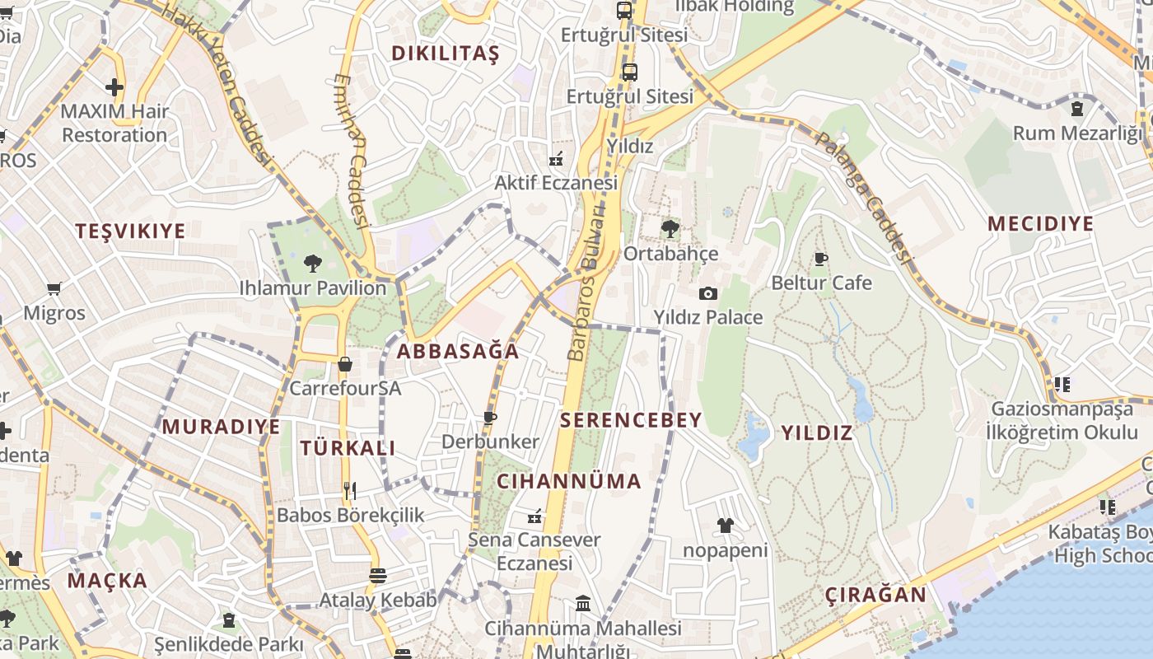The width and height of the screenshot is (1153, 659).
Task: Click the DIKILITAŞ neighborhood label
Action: point(445,54)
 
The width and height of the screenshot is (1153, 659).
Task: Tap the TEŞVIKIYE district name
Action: point(131,231)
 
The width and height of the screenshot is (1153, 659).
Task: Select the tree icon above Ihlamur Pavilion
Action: point(312,264)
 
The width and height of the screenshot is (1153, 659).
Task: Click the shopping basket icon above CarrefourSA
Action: point(345,363)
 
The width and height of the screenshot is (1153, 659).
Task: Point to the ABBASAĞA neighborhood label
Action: point(458,352)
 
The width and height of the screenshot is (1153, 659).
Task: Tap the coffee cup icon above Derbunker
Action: point(490,418)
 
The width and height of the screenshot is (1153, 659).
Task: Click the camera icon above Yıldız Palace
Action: point(707,293)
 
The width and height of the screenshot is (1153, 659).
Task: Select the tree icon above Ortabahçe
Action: point(670,229)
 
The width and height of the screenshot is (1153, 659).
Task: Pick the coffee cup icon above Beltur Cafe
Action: point(821,259)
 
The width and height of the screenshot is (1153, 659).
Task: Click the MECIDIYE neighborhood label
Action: point(1040,224)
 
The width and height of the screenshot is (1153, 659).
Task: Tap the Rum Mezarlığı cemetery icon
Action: point(1076,108)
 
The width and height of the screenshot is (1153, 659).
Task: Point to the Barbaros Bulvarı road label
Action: point(586,288)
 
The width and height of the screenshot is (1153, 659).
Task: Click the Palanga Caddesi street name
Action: point(863,196)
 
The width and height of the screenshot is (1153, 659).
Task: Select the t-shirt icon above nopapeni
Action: point(725,526)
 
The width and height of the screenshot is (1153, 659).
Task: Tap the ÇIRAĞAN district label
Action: point(875,595)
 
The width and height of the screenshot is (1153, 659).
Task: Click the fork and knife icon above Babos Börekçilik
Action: point(350,491)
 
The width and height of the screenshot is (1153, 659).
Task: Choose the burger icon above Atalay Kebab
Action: point(378,576)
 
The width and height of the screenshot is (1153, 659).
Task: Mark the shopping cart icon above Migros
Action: point(54,288)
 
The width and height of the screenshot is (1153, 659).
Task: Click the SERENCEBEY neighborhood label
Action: point(631,420)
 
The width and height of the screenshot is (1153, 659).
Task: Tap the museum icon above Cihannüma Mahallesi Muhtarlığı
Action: point(583,604)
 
